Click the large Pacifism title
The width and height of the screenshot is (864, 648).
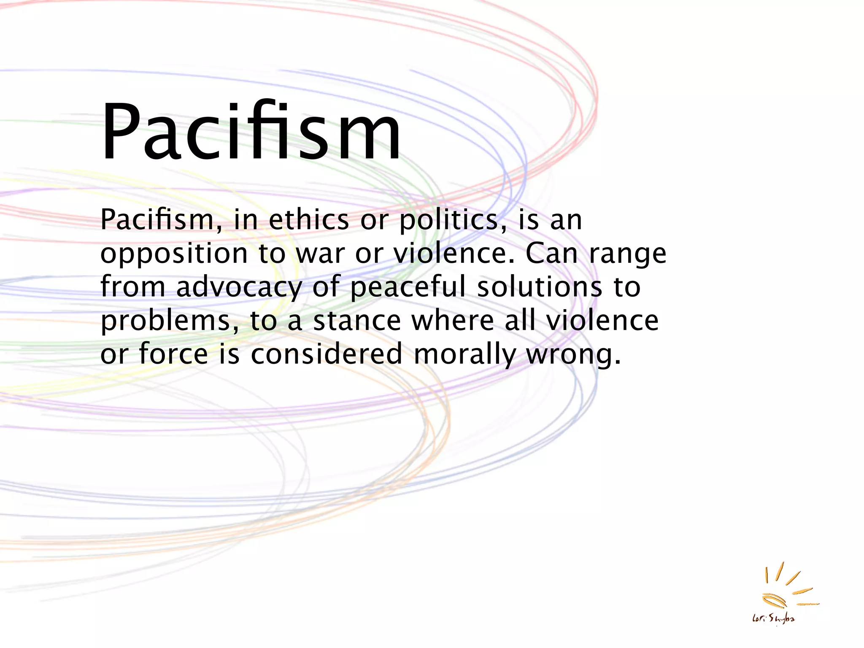pyautogui.click(x=251, y=132)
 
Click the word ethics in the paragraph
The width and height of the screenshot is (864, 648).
pyautogui.click(x=309, y=220)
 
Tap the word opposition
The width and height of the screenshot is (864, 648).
pyautogui.click(x=174, y=254)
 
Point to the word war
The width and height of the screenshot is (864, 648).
pyautogui.click(x=320, y=254)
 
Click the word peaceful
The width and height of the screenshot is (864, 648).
pyautogui.click(x=408, y=287)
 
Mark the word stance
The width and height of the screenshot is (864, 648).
pyautogui.click(x=357, y=321)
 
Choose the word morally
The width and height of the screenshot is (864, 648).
pyautogui.click(x=464, y=354)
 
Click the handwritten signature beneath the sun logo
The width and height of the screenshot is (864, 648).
pyautogui.click(x=773, y=618)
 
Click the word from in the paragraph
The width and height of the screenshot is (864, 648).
pyautogui.click(x=133, y=287)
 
